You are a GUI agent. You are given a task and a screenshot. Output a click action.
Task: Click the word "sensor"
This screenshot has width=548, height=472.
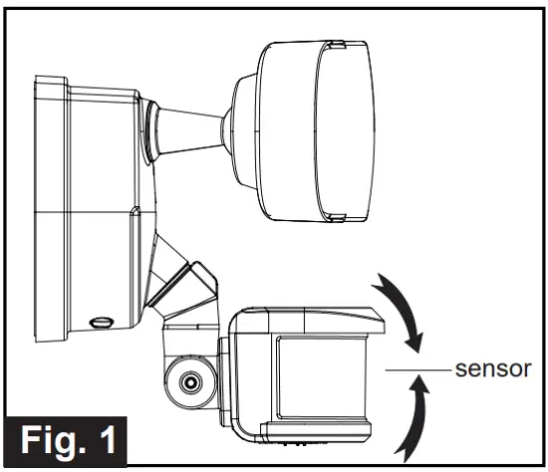coord(489,370)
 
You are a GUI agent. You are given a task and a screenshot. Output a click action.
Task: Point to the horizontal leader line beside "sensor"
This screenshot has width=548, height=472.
coord(412,370)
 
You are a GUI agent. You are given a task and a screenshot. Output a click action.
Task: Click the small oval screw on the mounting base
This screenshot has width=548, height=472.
coord(99,322)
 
